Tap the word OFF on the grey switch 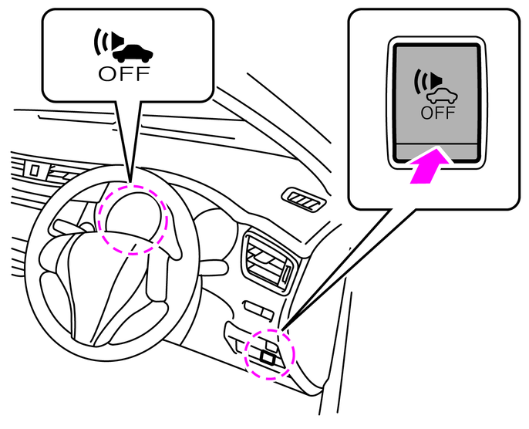[437, 112]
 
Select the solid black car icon [133, 53]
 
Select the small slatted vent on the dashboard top [302, 201]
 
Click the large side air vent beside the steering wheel [268, 263]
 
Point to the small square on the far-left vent [35, 167]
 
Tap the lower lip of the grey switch [436, 150]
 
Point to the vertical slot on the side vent [287, 273]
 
